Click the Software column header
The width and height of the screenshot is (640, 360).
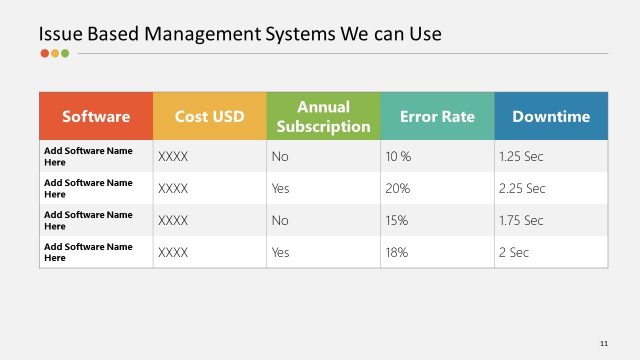pyautogui.click(x=96, y=116)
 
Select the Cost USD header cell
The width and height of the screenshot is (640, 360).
pyautogui.click(x=210, y=116)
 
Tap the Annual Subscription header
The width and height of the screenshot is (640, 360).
pyautogui.click(x=323, y=116)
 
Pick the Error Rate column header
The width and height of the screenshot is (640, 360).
pyautogui.click(x=437, y=116)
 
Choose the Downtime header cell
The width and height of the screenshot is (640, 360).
pyautogui.click(x=551, y=116)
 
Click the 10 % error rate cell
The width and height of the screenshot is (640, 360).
pyautogui.click(x=398, y=157)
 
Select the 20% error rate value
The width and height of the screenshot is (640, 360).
pyautogui.click(x=397, y=188)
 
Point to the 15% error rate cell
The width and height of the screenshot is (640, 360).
pyautogui.click(x=397, y=220)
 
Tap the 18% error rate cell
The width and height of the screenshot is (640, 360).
pyautogui.click(x=397, y=252)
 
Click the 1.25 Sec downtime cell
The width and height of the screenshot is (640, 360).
pyautogui.click(x=521, y=157)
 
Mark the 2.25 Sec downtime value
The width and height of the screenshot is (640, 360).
pyautogui.click(x=521, y=188)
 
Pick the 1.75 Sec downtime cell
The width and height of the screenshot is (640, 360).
pyautogui.click(x=521, y=220)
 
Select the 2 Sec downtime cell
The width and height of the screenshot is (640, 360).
pyautogui.click(x=513, y=252)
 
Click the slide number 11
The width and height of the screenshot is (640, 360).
pyautogui.click(x=603, y=343)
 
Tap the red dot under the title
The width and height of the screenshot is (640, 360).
pyautogui.click(x=44, y=54)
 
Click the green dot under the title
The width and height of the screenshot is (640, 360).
pyautogui.click(x=65, y=54)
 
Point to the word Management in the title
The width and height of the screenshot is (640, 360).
pyautogui.click(x=202, y=34)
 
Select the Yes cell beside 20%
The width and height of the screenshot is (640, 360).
pyautogui.click(x=280, y=188)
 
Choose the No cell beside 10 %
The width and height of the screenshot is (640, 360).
pyautogui.click(x=279, y=157)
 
